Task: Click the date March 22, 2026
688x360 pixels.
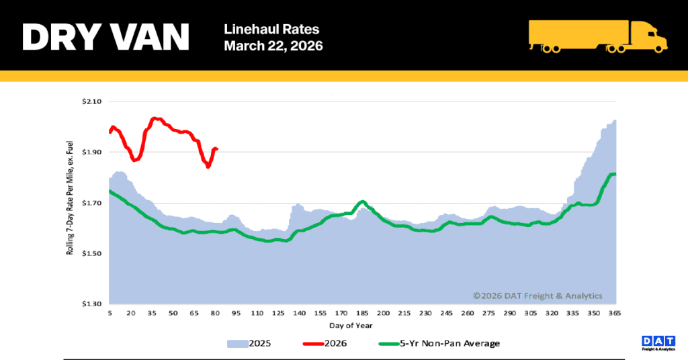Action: click(x=273, y=46)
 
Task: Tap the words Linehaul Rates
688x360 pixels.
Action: click(x=272, y=30)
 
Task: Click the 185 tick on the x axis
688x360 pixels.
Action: click(x=363, y=314)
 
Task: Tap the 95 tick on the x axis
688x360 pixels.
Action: click(x=236, y=314)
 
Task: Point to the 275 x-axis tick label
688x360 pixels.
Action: click(x=488, y=314)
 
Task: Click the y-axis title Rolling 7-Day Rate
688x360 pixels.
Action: click(x=70, y=198)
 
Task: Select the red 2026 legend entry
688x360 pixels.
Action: click(x=323, y=343)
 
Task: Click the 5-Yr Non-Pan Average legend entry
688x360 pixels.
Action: click(x=440, y=343)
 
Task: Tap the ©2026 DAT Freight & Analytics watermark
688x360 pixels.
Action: click(x=537, y=296)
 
